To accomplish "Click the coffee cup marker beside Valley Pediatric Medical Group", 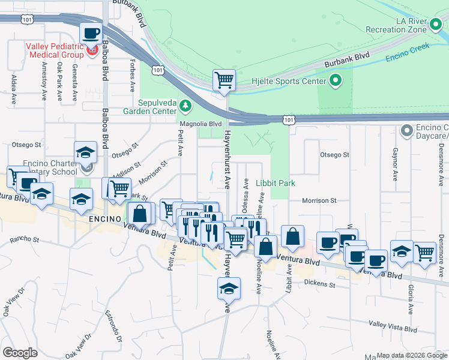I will point(91,34).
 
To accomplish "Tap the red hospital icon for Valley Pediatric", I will point(92,50).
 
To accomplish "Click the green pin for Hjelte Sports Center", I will point(335,80).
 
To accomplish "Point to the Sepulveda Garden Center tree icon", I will point(186,106).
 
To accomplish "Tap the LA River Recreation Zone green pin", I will point(436,25).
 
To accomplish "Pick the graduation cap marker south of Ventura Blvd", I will point(229,289).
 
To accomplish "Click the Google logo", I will point(20,353).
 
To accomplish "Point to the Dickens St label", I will point(318,282).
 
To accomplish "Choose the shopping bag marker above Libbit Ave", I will point(292,236).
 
